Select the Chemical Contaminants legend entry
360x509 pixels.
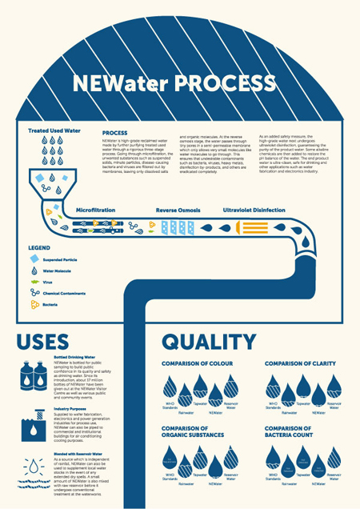[x=67, y=295]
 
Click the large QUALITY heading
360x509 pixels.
[x=207, y=342]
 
